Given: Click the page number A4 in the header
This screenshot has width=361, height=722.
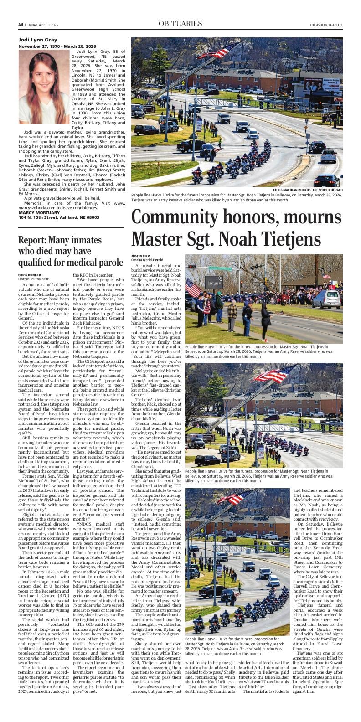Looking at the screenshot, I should point(21,24).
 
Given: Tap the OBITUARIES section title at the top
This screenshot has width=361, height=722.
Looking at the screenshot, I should point(180,24).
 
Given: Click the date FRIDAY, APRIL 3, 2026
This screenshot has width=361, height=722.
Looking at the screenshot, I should point(45,25).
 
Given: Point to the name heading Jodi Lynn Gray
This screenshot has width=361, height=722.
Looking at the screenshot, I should point(38,40).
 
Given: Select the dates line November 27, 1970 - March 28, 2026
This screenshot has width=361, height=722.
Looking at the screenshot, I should point(57,46).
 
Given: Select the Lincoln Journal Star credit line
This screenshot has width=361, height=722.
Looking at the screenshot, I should point(33,278).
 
